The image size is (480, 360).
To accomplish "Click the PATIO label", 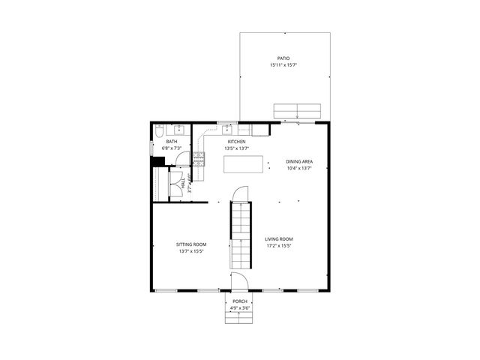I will point(283,58).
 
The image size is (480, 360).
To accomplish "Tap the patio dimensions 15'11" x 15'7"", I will point(283,65).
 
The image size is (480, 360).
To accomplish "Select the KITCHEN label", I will point(236,141).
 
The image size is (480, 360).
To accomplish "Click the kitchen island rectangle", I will point(245,163).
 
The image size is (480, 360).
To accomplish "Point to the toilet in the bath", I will point(158,132).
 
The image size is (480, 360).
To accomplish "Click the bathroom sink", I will point(180,130).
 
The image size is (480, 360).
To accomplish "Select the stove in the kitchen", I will point(199,158).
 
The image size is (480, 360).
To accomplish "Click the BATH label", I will point(172,141).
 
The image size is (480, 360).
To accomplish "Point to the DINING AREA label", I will point(299,160).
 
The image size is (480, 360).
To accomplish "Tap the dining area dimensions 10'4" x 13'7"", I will point(299,168).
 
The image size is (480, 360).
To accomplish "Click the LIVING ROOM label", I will point(278,238).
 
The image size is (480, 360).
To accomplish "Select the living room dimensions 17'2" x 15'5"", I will point(278,246).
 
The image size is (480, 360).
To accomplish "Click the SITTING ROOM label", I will point(191,244).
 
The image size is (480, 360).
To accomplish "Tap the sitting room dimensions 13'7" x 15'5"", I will point(191,252).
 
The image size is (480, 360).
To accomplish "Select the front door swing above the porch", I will point(239,282).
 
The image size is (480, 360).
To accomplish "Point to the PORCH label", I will point(239,301).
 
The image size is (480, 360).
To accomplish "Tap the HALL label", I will point(181,181).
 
